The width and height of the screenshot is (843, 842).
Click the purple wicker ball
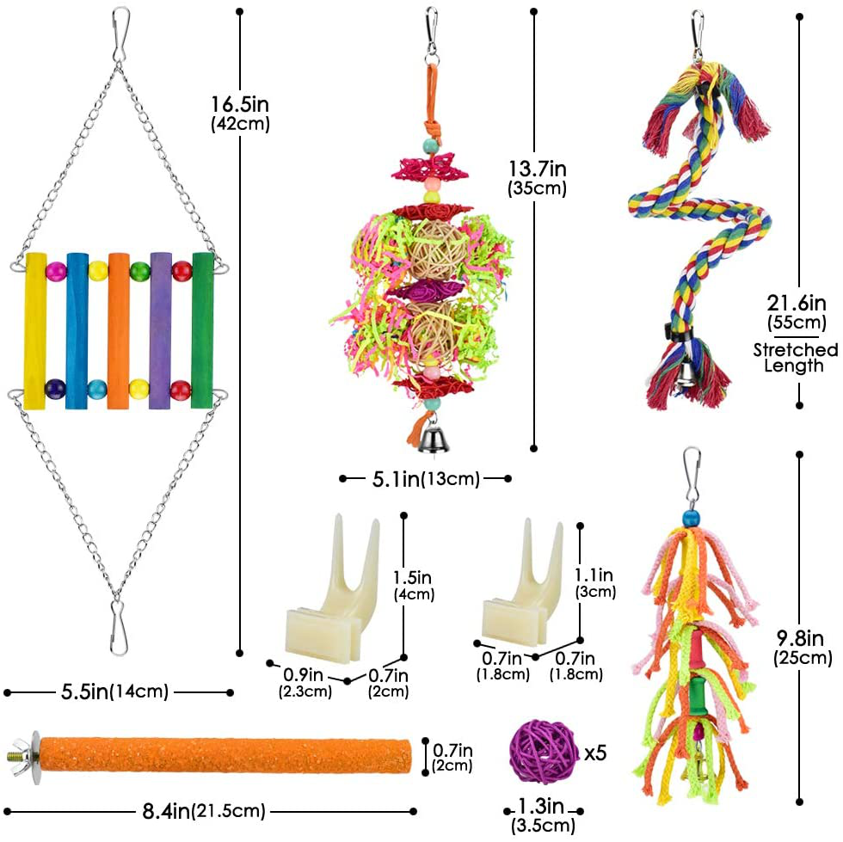click(545, 753)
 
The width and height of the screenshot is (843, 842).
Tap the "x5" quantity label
click(595, 753)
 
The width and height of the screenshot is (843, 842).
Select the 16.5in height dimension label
click(241, 113)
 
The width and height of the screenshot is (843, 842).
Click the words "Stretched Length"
click(795, 357)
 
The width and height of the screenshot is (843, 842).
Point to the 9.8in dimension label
click(802, 648)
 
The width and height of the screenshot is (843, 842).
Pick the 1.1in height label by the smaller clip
click(594, 582)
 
